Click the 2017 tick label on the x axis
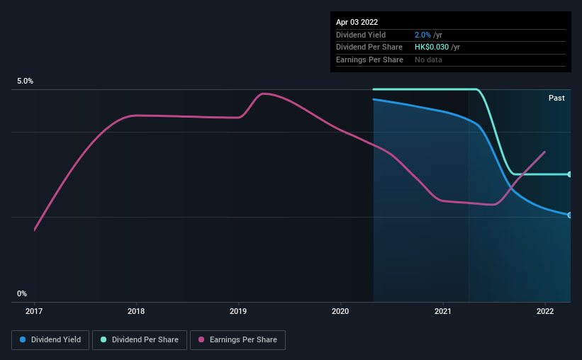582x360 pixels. tap(35, 310)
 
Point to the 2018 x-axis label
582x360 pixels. tap(137, 310)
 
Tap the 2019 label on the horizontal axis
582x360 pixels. tap(239, 310)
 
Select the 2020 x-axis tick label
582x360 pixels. tap(341, 310)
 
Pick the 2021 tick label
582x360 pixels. tap(443, 310)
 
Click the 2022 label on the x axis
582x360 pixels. tap(545, 310)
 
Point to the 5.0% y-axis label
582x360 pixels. tap(26, 81)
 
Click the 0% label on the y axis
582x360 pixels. tap(22, 293)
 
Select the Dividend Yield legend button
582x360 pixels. tap(50, 340)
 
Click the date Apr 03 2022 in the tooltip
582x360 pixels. tap(357, 22)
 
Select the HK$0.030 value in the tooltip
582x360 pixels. tap(432, 47)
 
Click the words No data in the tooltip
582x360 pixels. tap(428, 60)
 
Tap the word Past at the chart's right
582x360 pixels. tap(556, 98)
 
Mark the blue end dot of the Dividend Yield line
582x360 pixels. tap(570, 215)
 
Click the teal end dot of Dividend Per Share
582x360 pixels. tap(570, 174)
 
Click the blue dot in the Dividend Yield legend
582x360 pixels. tap(23, 340)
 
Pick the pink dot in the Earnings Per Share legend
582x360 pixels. tap(202, 340)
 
